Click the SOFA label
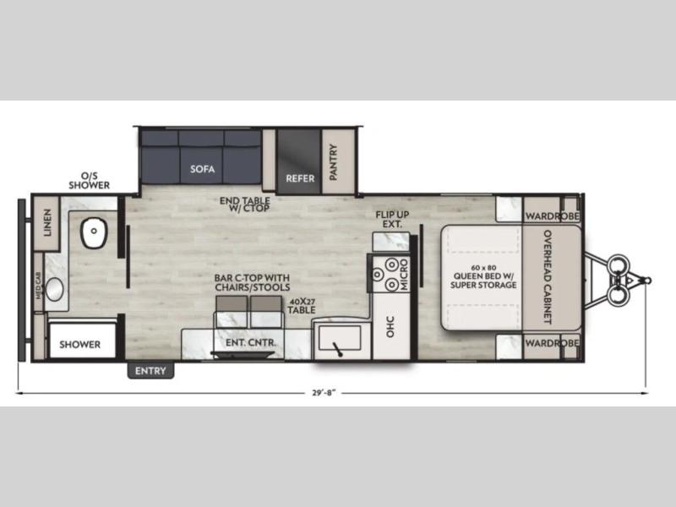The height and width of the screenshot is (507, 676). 202,168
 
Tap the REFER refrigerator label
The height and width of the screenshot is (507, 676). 300,178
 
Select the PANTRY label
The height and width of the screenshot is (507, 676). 333,162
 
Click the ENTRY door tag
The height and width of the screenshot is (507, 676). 150,371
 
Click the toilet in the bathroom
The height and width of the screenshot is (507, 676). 94,232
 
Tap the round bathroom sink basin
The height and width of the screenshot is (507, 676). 54,289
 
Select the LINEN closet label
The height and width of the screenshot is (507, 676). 47,222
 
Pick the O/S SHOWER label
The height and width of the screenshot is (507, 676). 90,181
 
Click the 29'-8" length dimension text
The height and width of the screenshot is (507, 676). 324,393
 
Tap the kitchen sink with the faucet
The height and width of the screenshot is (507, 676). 340,339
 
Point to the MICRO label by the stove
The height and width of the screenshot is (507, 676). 404,274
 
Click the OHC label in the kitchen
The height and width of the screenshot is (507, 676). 390,326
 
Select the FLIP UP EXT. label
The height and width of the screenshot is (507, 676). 392,219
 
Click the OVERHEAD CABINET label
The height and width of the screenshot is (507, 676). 548,276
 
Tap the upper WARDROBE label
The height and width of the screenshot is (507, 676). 552,215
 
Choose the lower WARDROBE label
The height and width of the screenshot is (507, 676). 552,343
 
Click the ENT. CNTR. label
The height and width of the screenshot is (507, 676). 250,343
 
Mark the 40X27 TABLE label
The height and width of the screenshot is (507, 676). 302,306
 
